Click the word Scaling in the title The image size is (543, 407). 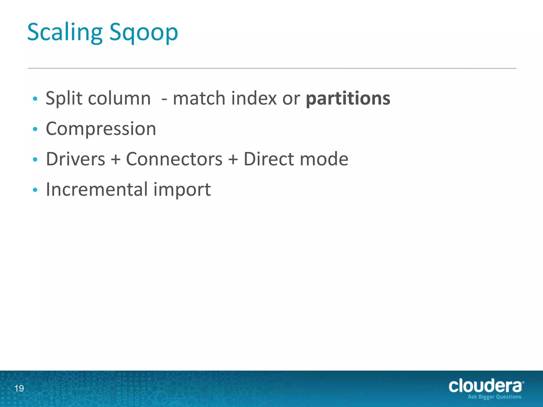point(65,32)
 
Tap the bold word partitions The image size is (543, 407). point(348,98)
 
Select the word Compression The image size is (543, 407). point(101,129)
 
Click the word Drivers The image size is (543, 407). point(76,159)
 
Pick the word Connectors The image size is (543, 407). point(174,159)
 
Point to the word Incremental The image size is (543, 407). point(97,189)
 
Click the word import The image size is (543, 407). point(182,190)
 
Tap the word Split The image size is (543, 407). point(64,98)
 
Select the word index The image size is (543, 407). point(254,98)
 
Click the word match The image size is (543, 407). point(199,98)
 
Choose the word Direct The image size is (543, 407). point(268,159)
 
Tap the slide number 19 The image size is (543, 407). point(19,388)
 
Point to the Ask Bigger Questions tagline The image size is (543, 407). point(494,397)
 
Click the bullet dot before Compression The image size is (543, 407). point(35,129)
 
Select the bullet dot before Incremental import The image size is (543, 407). point(35,190)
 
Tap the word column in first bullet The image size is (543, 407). point(119,98)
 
